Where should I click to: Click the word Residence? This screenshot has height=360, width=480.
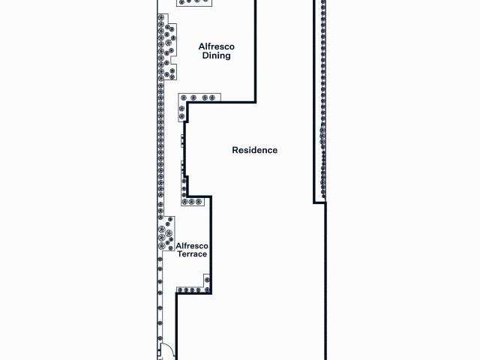[x=254, y=150]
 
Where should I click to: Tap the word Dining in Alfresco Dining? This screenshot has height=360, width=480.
[x=216, y=55]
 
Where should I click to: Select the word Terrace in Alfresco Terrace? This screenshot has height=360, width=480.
[x=192, y=254]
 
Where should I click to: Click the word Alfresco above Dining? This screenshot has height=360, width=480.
[x=216, y=46]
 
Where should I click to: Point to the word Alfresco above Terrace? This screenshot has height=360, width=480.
[x=192, y=245]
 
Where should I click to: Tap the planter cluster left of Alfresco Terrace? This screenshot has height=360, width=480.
[x=166, y=234]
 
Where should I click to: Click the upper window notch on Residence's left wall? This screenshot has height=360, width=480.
[x=183, y=139]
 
